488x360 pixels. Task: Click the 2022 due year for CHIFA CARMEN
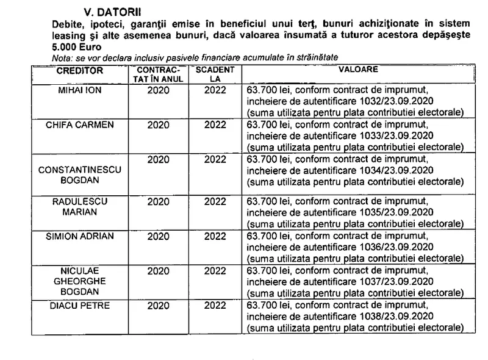tap(215, 126)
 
